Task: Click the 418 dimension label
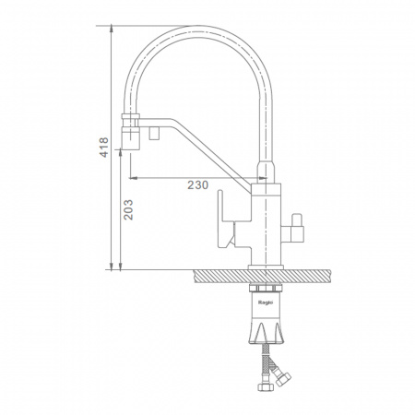coord(104,148)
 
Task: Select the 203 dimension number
coord(128,209)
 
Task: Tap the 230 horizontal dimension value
coord(198,185)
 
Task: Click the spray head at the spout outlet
coord(131,138)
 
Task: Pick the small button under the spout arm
coord(153,133)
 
